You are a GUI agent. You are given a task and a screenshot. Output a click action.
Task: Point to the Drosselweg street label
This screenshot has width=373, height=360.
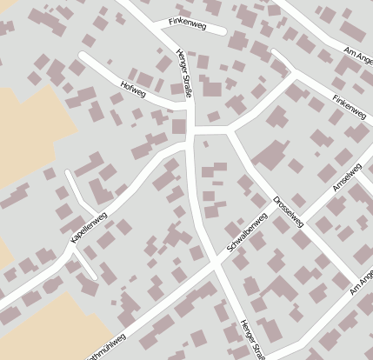[288, 211]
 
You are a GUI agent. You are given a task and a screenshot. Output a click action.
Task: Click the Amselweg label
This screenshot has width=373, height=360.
[347, 177]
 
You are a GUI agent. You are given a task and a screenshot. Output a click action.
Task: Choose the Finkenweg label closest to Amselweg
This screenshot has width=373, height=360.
[349, 106]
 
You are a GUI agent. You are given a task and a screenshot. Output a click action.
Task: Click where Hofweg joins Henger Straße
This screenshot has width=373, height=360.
[189, 104]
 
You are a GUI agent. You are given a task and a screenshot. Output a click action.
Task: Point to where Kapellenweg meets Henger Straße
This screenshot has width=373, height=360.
[190, 146]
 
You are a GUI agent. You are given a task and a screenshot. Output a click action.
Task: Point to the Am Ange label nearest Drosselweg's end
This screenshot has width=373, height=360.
[362, 282]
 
